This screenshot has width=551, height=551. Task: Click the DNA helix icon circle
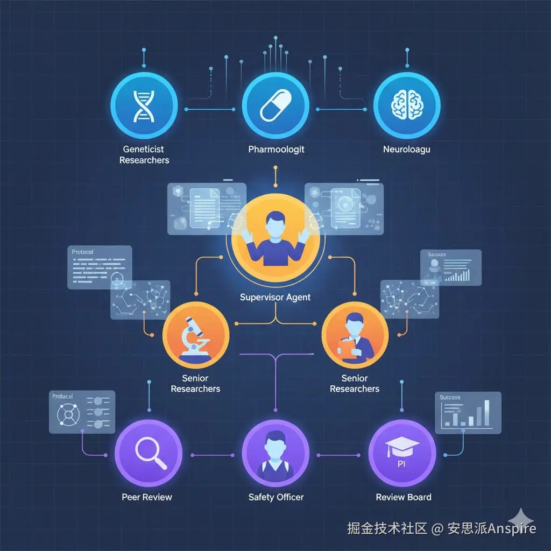(x=144, y=105)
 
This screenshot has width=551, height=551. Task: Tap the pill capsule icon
(x=275, y=105)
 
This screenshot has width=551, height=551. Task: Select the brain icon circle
(x=407, y=105)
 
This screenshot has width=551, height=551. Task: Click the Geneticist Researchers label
(x=144, y=154)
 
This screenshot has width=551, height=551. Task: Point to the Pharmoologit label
(x=276, y=149)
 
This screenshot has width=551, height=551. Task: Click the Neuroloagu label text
(x=407, y=149)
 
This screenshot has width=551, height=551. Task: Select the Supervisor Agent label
(x=275, y=297)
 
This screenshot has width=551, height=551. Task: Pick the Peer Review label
(x=147, y=497)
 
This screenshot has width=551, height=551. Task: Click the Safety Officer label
(x=276, y=497)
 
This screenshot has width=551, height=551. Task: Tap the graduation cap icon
(x=401, y=444)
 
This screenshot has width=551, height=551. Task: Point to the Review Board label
(x=404, y=497)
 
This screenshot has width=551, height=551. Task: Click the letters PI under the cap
(x=401, y=463)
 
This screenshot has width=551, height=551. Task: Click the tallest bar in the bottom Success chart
(x=486, y=413)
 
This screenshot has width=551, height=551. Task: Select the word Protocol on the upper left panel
(x=82, y=252)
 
